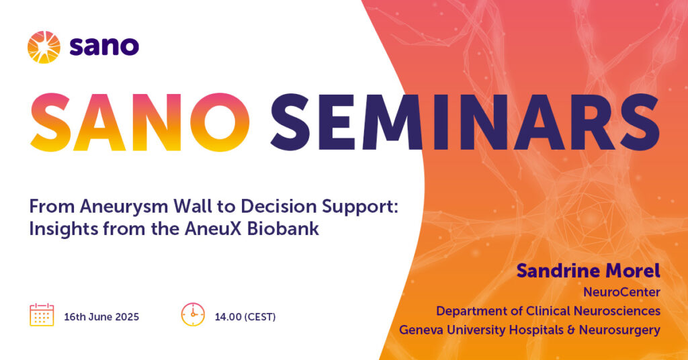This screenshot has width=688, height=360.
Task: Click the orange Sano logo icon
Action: tap(44, 47)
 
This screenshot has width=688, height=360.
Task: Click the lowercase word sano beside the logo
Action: tap(104, 46)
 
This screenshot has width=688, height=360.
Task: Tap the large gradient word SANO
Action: tap(140, 122)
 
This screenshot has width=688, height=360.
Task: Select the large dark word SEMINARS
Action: tap(465, 122)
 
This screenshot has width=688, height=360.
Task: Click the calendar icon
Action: tap(42, 314)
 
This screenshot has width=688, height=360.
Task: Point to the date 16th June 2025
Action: tap(101, 317)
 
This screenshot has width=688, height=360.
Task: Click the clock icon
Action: tap(193, 314)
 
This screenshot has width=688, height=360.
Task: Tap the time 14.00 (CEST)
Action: tap(245, 317)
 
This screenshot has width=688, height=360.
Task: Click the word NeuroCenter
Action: tap(621, 292)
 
